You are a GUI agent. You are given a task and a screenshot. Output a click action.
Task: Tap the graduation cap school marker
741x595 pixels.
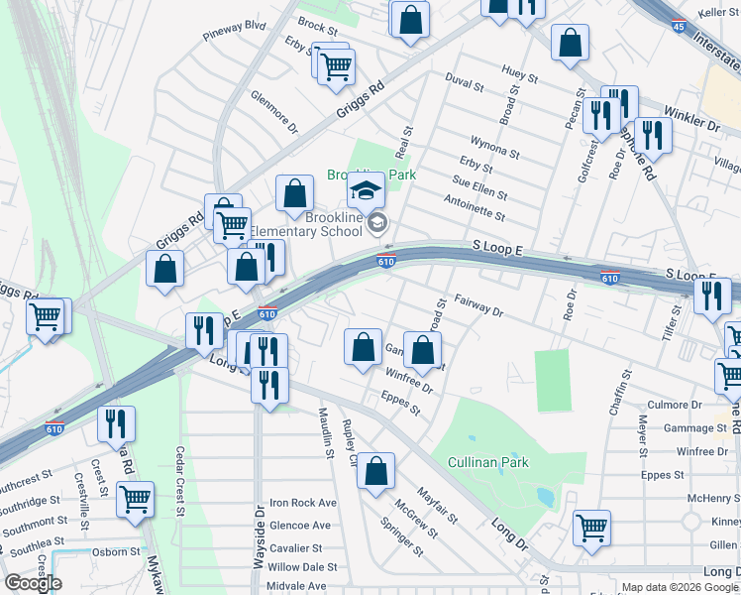point(366,189)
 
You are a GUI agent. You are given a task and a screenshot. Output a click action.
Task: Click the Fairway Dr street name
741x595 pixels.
point(479,304)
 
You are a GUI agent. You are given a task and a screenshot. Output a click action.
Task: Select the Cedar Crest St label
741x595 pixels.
point(179,482)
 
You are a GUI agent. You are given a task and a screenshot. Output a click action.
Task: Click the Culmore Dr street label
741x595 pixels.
point(674,405)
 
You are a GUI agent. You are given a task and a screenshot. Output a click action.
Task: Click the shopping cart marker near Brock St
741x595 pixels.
point(336,64)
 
